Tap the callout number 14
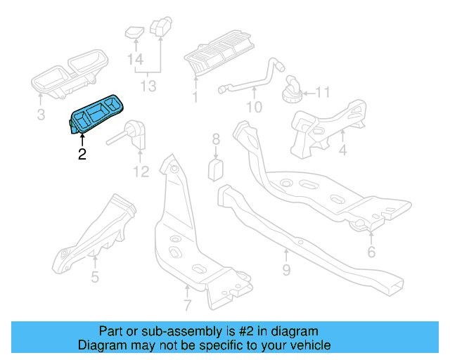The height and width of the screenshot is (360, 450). (x=135, y=60)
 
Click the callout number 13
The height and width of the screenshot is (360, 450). (x=148, y=86)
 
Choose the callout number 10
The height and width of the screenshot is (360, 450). (x=253, y=108)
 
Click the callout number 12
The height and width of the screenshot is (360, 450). (x=141, y=172)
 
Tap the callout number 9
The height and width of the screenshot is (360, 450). (x=285, y=269)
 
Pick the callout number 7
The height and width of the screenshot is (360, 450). (x=187, y=305)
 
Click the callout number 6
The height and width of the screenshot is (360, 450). (x=371, y=252)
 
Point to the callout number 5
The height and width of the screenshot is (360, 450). (x=94, y=276)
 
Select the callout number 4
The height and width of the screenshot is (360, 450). (x=342, y=150)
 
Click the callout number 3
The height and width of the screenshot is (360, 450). (x=41, y=114)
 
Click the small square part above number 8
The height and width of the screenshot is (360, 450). (x=217, y=169)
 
